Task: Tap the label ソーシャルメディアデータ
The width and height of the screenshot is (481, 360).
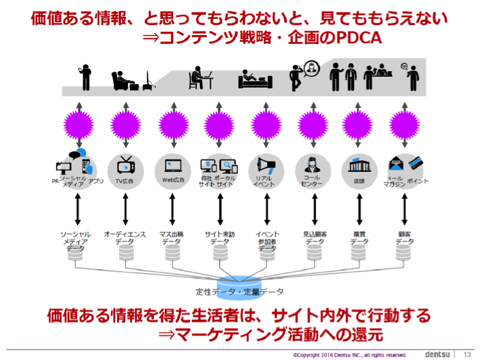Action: (x=75, y=240)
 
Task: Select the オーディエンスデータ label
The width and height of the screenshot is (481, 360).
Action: (x=125, y=237)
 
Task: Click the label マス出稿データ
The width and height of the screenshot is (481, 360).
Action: (x=172, y=237)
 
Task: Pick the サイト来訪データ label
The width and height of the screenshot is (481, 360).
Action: (x=220, y=237)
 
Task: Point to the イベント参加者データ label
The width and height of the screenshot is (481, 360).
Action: (x=267, y=240)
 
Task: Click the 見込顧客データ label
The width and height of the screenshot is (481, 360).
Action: (x=315, y=237)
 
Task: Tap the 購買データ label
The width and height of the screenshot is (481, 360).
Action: (x=360, y=237)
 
